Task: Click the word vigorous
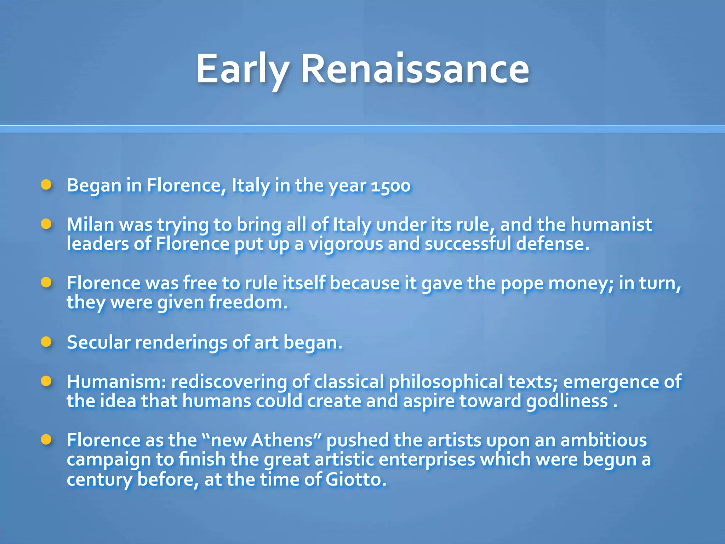(346, 244)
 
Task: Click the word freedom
(248, 302)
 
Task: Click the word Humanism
(116, 382)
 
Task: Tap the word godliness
(567, 401)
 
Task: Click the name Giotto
(355, 480)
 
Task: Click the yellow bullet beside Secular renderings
(46, 342)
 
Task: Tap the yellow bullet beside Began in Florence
(46, 185)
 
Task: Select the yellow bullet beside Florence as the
(46, 440)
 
